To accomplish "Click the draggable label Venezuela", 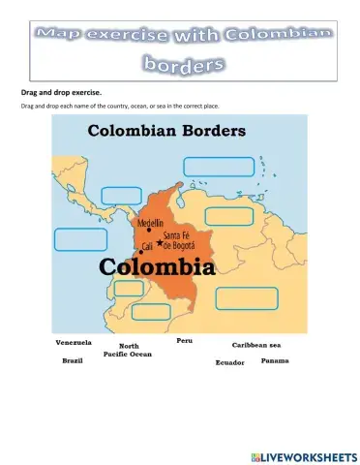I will pyautogui.click(x=74, y=342).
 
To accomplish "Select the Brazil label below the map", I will pyautogui.click(x=73, y=359).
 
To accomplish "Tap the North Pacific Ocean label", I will pyautogui.click(x=135, y=350).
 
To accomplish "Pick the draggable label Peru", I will pyautogui.click(x=185, y=341).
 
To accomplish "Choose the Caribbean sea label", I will pyautogui.click(x=256, y=344).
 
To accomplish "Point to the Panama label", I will pyautogui.click(x=275, y=360).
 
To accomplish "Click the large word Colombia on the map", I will pyautogui.click(x=154, y=264).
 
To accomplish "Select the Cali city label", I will pyautogui.click(x=147, y=246).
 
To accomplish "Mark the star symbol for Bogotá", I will pyautogui.click(x=160, y=242).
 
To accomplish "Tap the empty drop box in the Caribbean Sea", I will pyautogui.click(x=219, y=166).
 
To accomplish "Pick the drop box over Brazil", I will pyautogui.click(x=247, y=298).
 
